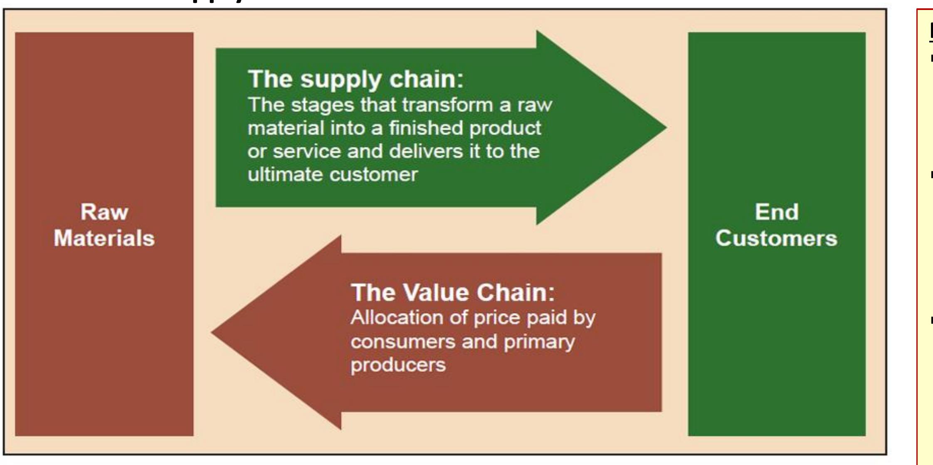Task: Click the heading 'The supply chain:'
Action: pos(355,79)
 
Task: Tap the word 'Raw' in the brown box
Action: pos(104,212)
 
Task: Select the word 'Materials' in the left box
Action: pos(104,238)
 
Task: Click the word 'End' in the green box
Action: pos(776,212)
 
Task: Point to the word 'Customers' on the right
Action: pos(776,238)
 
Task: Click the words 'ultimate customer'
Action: pos(332,175)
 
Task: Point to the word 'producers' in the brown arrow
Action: pos(398,365)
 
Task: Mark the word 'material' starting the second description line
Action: pos(286,128)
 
